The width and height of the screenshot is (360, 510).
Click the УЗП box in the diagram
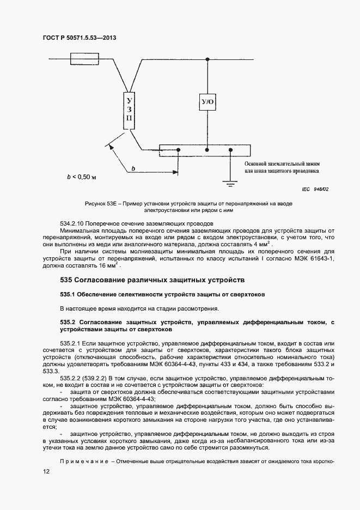tap(129, 112)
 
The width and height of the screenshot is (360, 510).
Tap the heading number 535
tap(67, 280)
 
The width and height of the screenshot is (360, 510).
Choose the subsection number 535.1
tap(68, 294)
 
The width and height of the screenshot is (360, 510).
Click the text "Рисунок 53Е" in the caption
tap(102, 203)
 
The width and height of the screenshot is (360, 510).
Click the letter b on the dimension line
tap(133, 169)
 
